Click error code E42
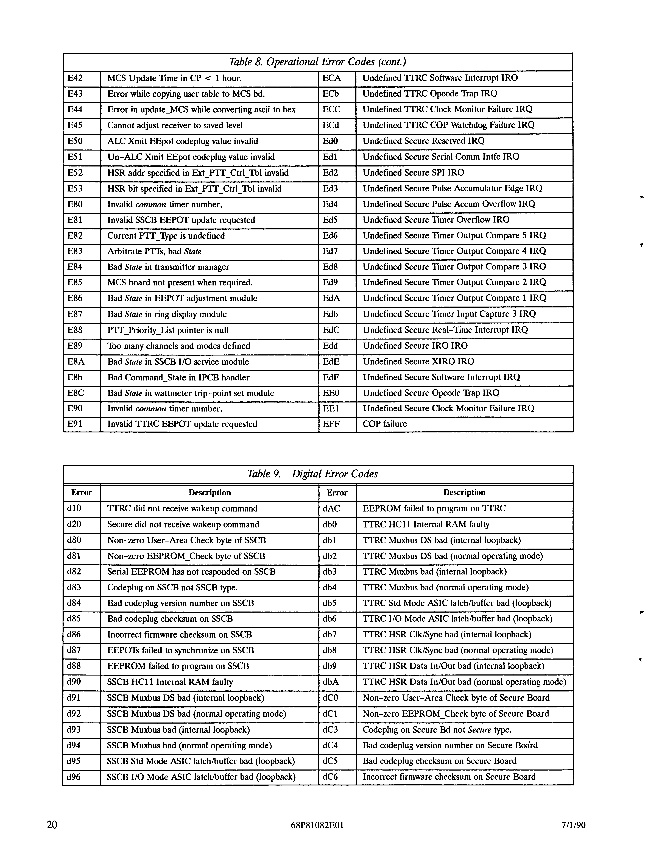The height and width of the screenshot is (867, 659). coord(75,78)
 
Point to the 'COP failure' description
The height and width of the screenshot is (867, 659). coord(384,424)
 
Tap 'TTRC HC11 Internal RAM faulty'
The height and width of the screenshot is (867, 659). coord(426,524)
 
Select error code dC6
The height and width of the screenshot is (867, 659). coord(330,777)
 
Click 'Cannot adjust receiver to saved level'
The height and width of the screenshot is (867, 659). coord(175,126)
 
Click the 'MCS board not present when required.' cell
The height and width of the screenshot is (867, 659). coord(180,282)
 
